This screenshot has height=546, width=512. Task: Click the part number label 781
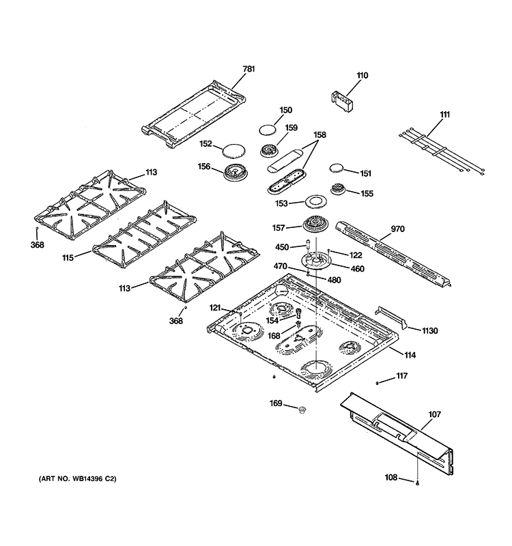pyautogui.click(x=248, y=69)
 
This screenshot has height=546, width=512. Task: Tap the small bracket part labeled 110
pyautogui.click(x=343, y=101)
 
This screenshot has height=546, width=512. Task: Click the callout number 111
pyautogui.click(x=444, y=115)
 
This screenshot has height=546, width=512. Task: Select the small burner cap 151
pyautogui.click(x=339, y=168)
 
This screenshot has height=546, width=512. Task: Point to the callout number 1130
pyautogui.click(x=430, y=331)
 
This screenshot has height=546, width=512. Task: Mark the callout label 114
pyautogui.click(x=410, y=356)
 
